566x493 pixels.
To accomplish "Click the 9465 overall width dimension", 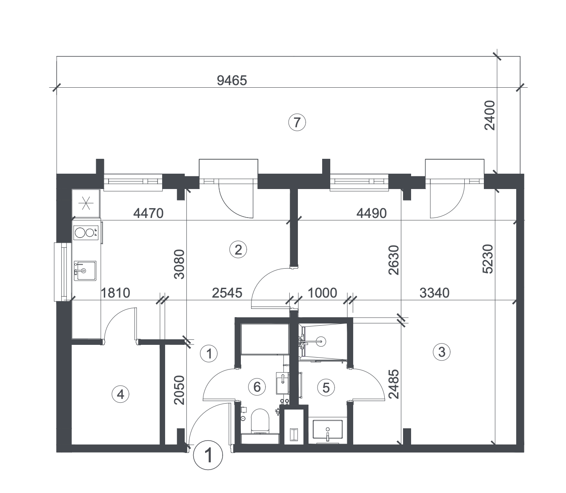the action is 232,80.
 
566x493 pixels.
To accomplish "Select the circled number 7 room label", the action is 297,122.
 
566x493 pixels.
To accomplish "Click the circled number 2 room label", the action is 238,250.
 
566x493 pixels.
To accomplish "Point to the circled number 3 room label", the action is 442,352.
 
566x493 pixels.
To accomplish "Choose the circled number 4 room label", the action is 120,394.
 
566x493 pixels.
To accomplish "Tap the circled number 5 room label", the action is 326,387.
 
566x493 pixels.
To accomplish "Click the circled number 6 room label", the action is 257,387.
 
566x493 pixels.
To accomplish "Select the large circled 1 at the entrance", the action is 208,455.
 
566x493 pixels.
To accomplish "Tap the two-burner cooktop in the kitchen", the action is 86,233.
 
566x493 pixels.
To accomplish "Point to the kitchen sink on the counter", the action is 85,271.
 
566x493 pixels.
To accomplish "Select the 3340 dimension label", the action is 435,293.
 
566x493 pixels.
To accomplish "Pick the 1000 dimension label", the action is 322,293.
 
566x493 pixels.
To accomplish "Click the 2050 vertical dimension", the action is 180,390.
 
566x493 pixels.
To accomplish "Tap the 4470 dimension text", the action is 148,213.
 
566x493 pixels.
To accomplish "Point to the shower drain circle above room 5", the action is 321,341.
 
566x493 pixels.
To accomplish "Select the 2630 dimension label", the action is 394,260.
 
